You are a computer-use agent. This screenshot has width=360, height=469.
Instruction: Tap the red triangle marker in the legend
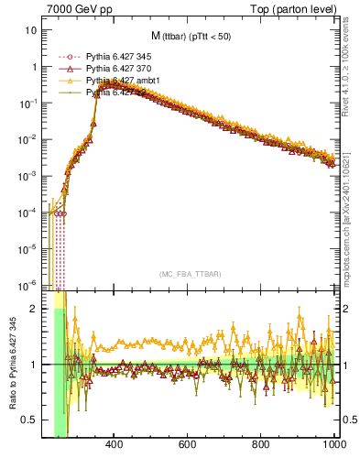pyautogui.click(x=64, y=69)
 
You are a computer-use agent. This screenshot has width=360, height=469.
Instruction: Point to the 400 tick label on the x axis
pyautogui.click(x=114, y=445)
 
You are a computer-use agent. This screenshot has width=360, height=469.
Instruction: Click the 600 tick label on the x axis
pyautogui.click(x=187, y=445)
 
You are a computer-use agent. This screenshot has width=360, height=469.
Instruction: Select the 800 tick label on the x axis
pyautogui.click(x=261, y=445)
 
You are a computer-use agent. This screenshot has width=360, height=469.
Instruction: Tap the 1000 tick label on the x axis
pyautogui.click(x=333, y=445)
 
